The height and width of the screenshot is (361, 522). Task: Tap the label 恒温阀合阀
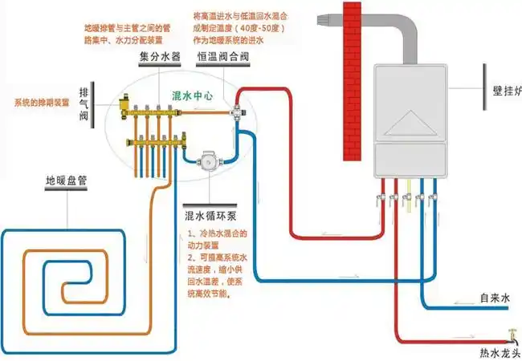(x=218, y=59)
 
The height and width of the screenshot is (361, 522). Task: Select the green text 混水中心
(x=193, y=95)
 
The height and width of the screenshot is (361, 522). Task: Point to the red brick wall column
(x=352, y=80)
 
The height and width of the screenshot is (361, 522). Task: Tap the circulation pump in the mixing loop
(x=210, y=159)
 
